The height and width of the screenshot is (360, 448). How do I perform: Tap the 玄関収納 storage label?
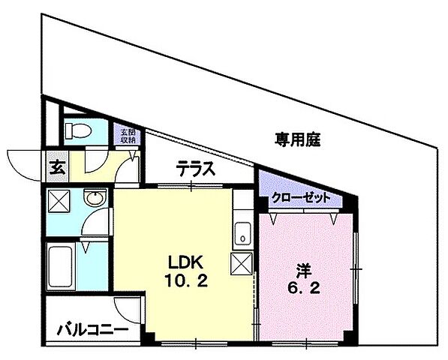[x=127, y=136]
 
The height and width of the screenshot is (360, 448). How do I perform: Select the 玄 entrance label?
[x=57, y=167]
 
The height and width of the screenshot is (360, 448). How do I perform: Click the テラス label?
[x=197, y=169]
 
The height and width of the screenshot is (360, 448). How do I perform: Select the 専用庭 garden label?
[x=296, y=139]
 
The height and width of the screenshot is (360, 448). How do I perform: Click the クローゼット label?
[x=300, y=198]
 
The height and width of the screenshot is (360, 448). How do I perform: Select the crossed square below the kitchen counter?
[x=243, y=264]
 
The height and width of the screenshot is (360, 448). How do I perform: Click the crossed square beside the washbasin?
[x=59, y=201]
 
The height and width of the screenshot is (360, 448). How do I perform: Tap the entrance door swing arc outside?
[x=23, y=163]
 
